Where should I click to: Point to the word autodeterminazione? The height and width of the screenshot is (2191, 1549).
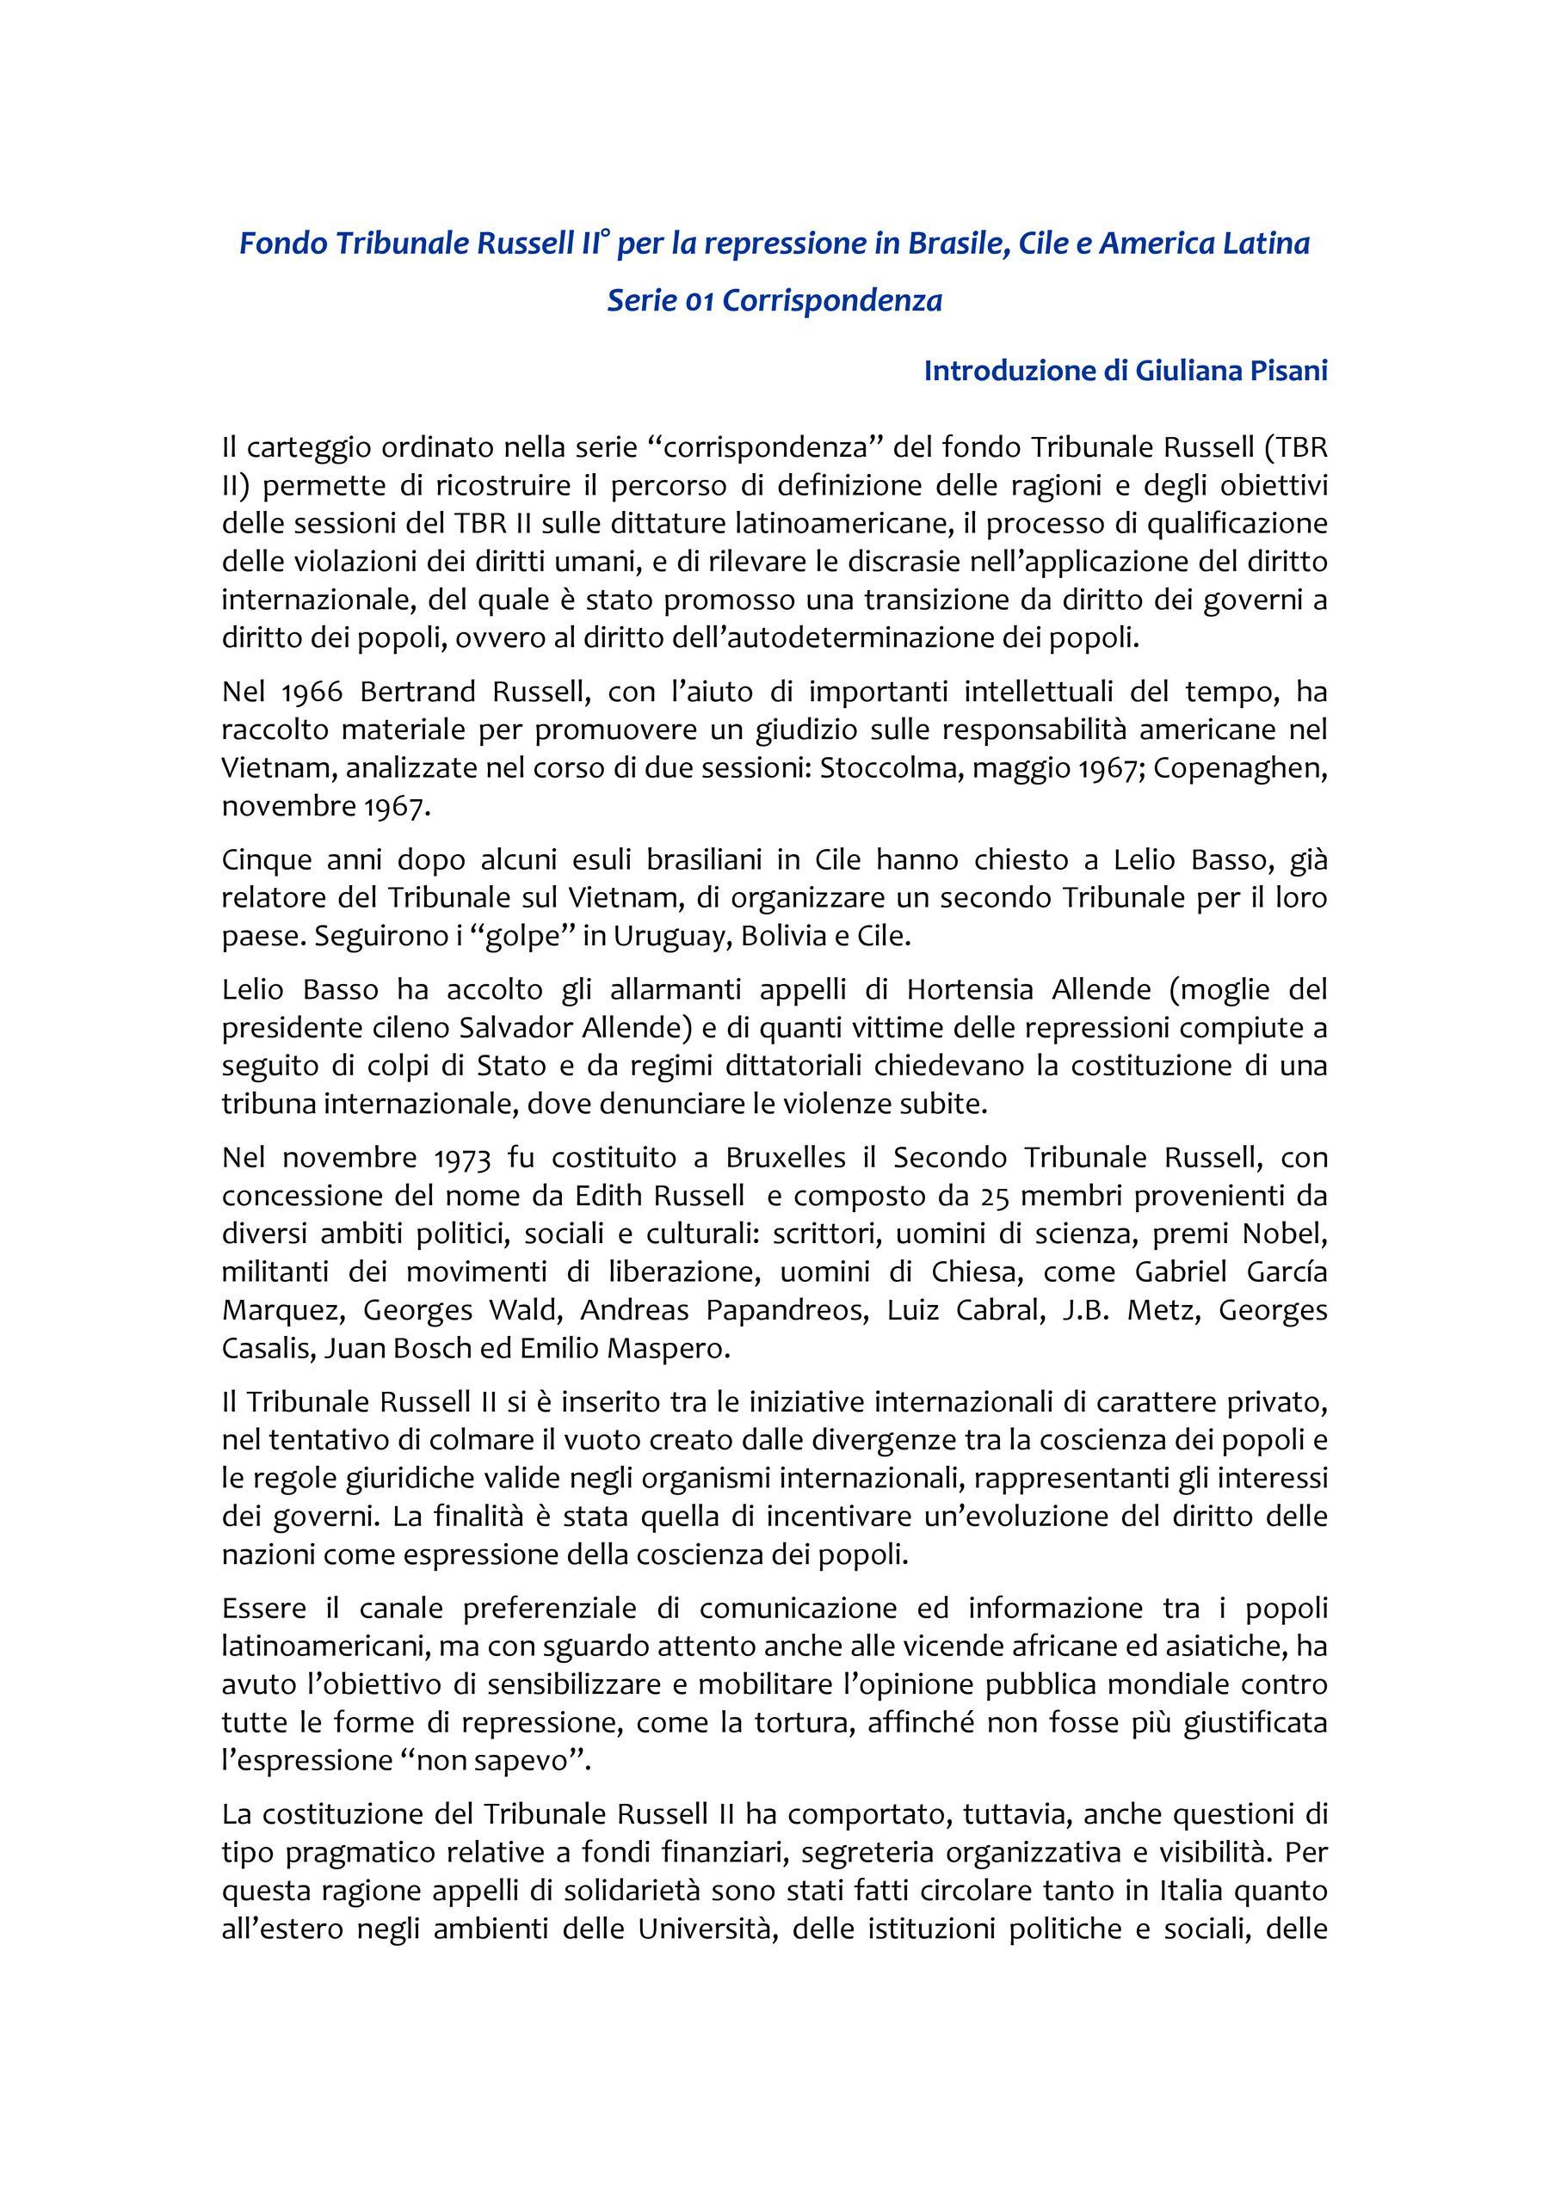(842, 637)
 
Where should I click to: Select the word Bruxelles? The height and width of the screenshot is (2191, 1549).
(786, 1158)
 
